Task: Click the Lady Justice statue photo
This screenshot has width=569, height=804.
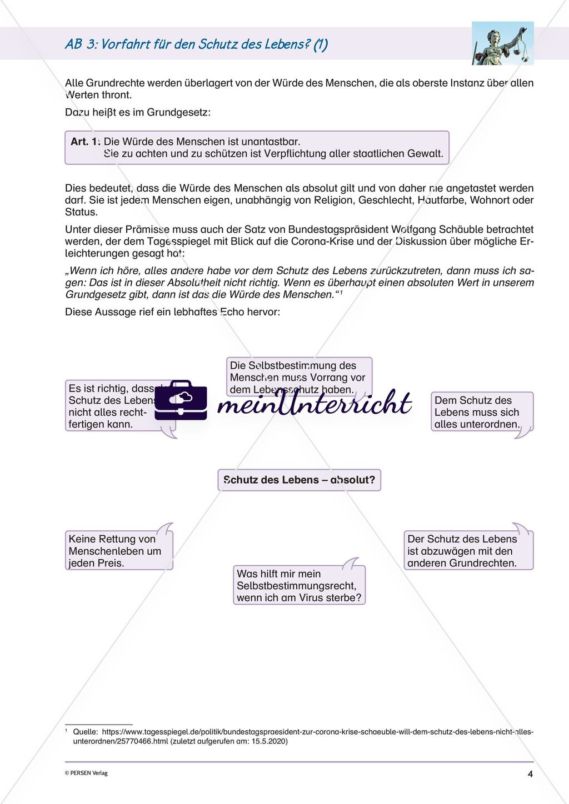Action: click(x=502, y=43)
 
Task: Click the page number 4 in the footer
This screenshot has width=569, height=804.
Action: click(x=530, y=774)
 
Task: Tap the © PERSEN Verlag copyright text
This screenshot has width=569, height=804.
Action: click(x=86, y=773)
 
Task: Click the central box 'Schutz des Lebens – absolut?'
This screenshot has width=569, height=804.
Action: click(x=299, y=480)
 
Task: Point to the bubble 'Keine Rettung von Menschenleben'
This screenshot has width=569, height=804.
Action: click(x=118, y=551)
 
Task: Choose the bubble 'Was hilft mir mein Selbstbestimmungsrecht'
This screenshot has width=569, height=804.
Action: click(x=299, y=585)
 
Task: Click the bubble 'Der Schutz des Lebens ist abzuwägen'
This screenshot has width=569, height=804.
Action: click(x=468, y=551)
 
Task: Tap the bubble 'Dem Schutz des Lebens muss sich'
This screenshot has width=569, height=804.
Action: click(x=481, y=412)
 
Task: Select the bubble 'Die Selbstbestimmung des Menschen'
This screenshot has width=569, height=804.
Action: click(x=300, y=377)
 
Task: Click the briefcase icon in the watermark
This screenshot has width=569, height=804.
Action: click(x=181, y=400)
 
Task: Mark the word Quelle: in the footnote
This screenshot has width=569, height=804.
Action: click(x=86, y=732)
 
